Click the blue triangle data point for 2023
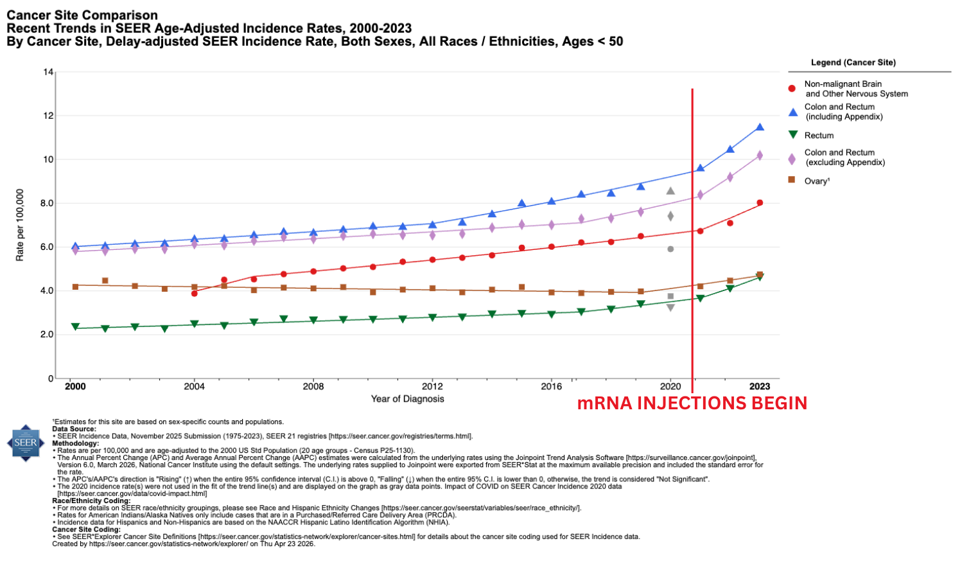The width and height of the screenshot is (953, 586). [760, 127]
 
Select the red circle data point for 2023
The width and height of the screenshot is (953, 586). [760, 203]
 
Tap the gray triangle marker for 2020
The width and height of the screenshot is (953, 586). [670, 191]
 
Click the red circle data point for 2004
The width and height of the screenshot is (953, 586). [195, 293]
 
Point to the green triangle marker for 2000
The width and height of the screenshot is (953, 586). [76, 327]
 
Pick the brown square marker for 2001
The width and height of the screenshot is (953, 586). [105, 281]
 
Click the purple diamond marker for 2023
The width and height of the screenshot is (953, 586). [760, 155]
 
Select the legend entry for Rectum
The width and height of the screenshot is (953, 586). [819, 136]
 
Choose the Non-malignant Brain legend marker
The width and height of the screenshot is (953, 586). [792, 89]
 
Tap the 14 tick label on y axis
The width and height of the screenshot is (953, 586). [48, 72]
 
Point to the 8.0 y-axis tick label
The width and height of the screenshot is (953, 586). [46, 204]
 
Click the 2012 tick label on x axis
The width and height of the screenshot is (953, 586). [432, 386]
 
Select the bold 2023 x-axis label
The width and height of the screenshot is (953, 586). [760, 386]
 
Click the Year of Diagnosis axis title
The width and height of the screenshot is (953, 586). [407, 399]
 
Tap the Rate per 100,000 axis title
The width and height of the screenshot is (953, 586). [20, 225]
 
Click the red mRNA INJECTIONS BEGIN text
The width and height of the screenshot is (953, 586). [692, 404]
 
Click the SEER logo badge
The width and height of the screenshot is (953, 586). [26, 443]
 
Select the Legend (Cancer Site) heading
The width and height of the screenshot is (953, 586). [853, 62]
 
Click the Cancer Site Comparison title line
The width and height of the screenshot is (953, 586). [82, 15]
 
